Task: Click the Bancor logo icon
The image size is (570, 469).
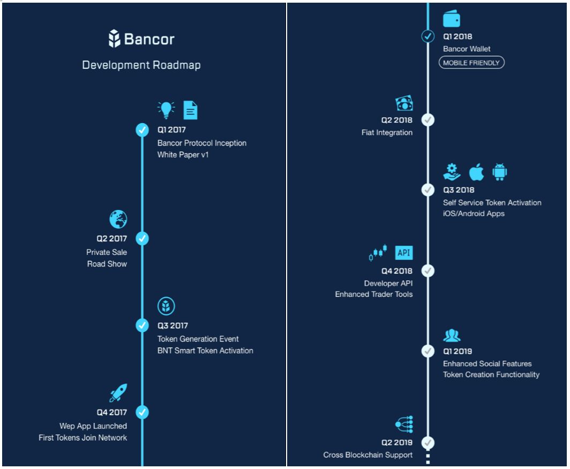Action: pyautogui.click(x=115, y=39)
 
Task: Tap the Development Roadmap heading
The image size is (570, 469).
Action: pyautogui.click(x=141, y=65)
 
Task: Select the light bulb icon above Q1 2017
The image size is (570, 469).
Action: pyautogui.click(x=166, y=109)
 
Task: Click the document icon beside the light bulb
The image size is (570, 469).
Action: pyautogui.click(x=190, y=110)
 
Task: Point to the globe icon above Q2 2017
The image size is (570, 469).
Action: pyautogui.click(x=118, y=219)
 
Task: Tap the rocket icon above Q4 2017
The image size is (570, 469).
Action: pyautogui.click(x=118, y=393)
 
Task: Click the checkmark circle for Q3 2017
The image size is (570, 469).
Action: pyautogui.click(x=142, y=325)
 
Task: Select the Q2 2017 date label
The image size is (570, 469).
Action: pyautogui.click(x=111, y=239)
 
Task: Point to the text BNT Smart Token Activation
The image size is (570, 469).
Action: pyautogui.click(x=205, y=351)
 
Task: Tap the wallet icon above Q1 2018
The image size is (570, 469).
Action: pyautogui.click(x=452, y=19)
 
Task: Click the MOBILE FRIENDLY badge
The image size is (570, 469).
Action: pyautogui.click(x=471, y=63)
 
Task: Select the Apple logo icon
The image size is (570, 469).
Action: pyautogui.click(x=476, y=172)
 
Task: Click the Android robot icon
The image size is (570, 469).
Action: pyautogui.click(x=499, y=172)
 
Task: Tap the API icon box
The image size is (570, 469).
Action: pyautogui.click(x=404, y=253)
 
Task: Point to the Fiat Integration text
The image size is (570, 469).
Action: pyautogui.click(x=387, y=132)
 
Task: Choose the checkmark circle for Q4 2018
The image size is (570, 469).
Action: pyautogui.click(x=427, y=271)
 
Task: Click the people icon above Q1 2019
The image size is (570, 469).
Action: pyautogui.click(x=452, y=336)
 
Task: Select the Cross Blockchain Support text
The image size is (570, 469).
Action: pyautogui.click(x=367, y=455)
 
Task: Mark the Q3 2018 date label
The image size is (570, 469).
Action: pyautogui.click(x=459, y=190)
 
